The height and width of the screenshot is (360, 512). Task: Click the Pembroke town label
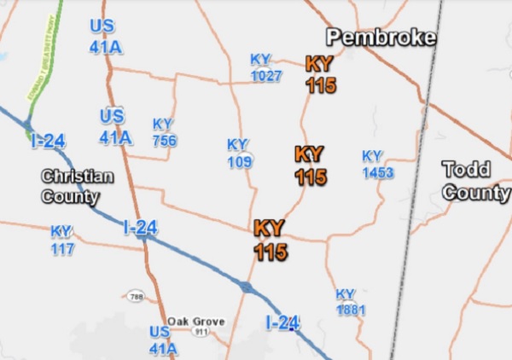click(381, 37)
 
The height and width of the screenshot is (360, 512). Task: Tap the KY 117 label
click(61, 240)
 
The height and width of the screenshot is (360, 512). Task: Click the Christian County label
click(77, 186)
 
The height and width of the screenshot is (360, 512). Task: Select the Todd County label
click(475, 180)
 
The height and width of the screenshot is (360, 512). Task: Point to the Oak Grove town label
click(195, 322)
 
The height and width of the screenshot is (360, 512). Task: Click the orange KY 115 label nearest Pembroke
click(321, 74)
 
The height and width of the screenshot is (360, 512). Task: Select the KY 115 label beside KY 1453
click(311, 165)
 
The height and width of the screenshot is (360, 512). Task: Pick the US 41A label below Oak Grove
click(163, 339)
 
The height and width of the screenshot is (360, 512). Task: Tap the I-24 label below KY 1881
click(282, 323)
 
